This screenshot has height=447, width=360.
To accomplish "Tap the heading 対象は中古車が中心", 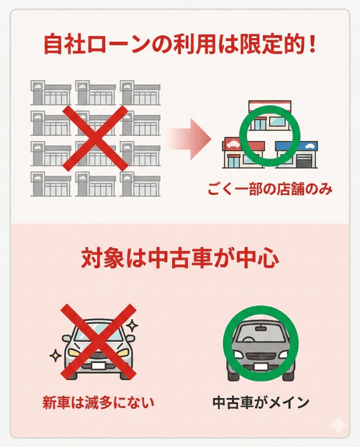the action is (180, 259).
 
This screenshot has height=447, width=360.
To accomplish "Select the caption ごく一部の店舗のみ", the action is (270, 189).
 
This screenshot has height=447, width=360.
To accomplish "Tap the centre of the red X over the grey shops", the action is (95, 138).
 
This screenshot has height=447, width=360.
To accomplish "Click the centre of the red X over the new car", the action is (99, 340).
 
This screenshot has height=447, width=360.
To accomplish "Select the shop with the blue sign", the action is (297, 154).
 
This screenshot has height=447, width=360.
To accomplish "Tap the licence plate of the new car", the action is (99, 366).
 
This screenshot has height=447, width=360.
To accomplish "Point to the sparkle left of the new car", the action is (55, 356).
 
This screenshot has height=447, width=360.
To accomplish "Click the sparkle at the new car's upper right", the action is (132, 325).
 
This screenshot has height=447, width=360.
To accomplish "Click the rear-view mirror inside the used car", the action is (261, 328).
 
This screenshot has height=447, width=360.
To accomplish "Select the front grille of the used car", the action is (261, 356).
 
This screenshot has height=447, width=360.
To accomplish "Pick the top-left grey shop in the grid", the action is (51, 93).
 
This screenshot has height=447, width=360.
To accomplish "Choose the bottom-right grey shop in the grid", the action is (140, 184).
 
